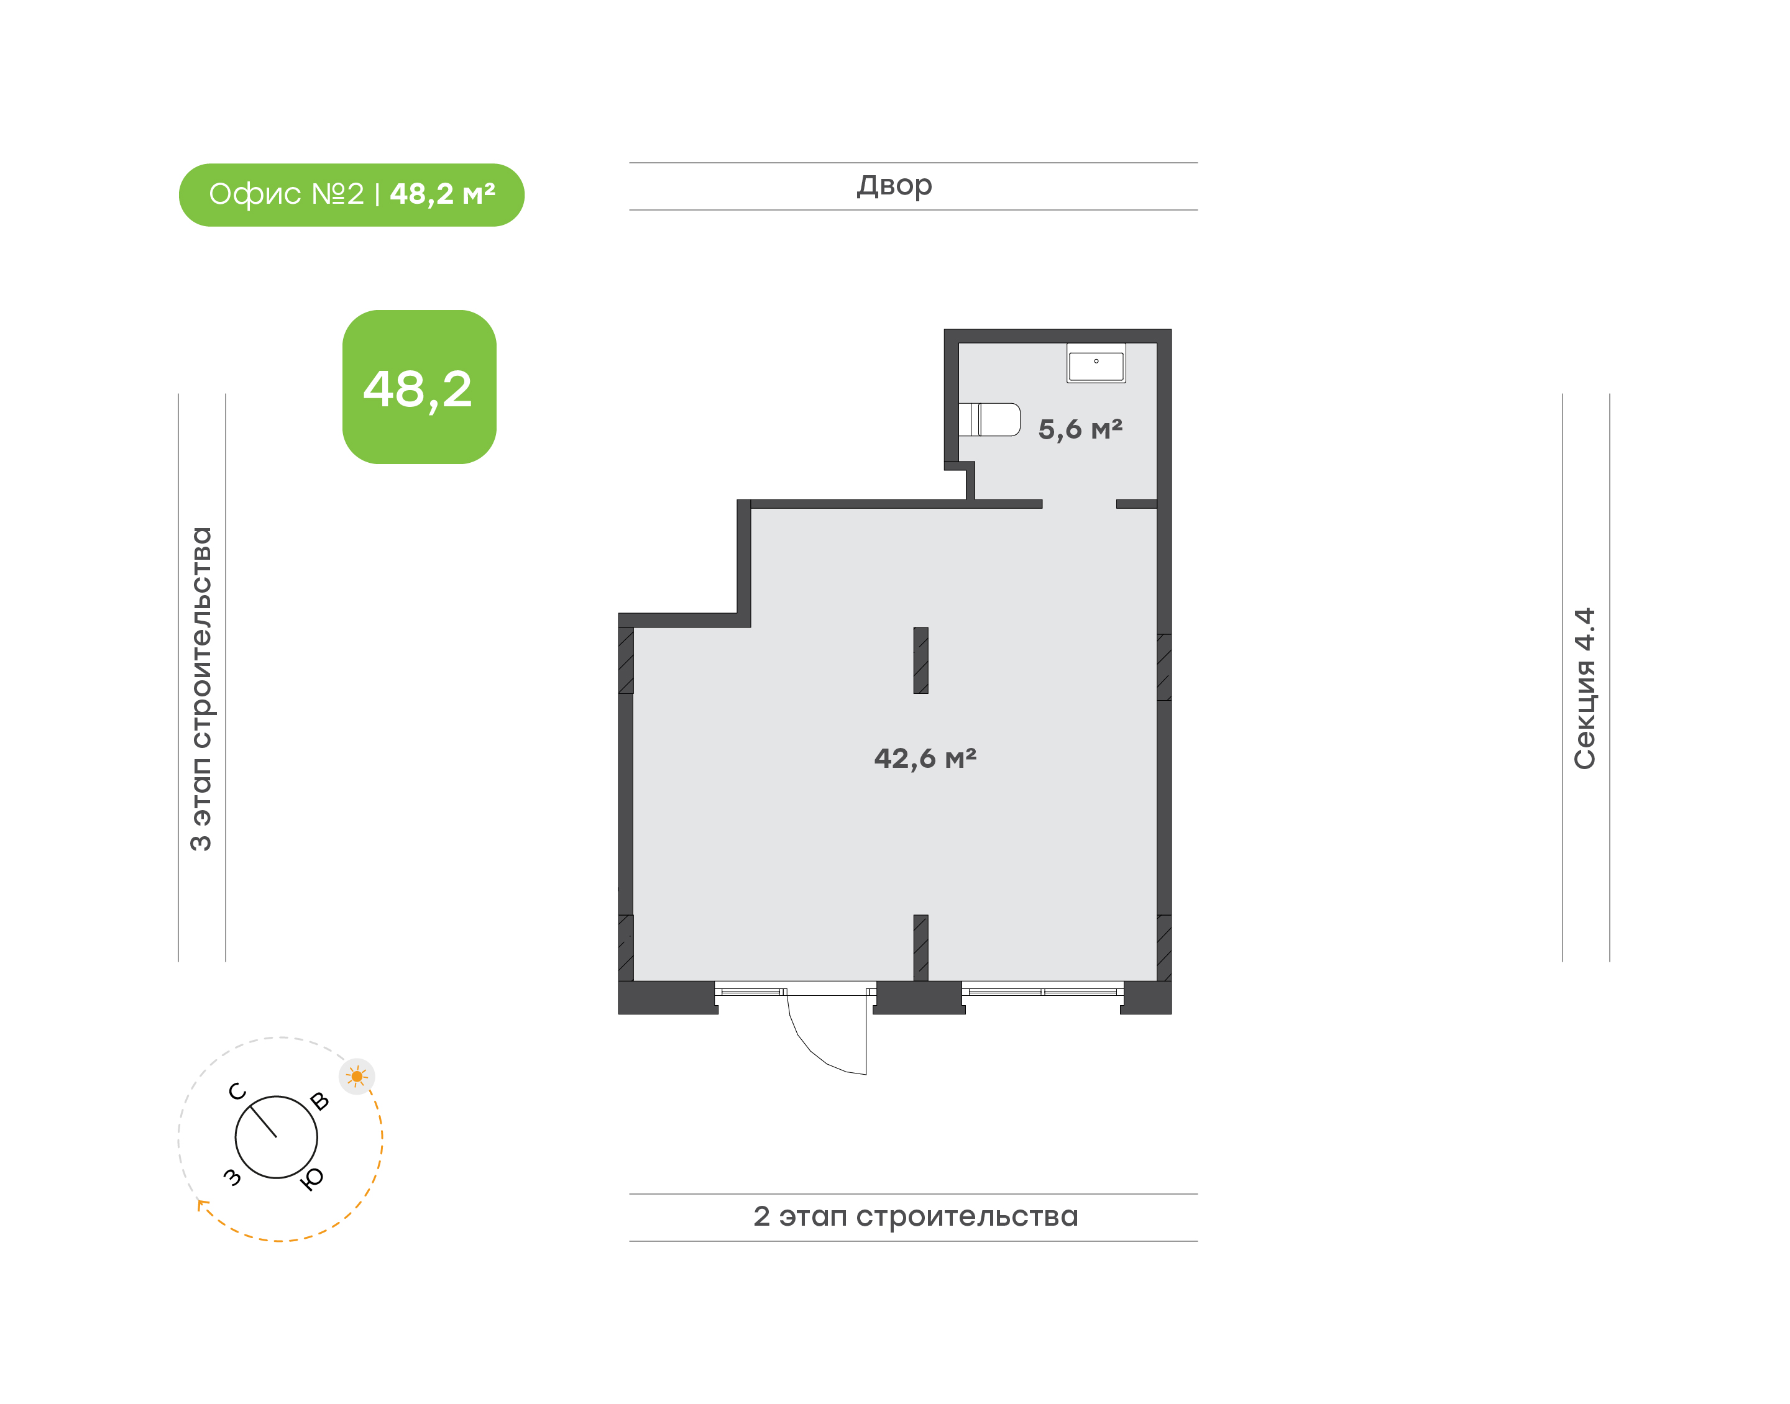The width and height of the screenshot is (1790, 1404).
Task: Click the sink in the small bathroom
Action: click(x=1096, y=363)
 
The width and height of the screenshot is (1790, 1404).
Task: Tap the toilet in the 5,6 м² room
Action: click(x=989, y=419)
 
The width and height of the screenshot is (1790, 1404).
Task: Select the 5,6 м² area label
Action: click(x=1080, y=429)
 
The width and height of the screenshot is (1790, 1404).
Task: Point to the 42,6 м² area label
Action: click(x=925, y=758)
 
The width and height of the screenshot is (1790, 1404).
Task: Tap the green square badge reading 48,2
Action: click(x=420, y=387)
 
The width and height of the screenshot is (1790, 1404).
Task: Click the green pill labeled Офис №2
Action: click(x=351, y=195)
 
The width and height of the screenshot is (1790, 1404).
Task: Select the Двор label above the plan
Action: click(x=894, y=186)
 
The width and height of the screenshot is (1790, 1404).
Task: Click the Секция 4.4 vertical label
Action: click(x=1584, y=689)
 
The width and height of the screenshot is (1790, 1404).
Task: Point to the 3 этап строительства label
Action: click(x=201, y=689)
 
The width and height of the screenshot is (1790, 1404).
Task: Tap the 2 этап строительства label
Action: click(x=915, y=1216)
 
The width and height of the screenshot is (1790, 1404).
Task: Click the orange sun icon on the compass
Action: click(x=357, y=1076)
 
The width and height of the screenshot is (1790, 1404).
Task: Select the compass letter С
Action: click(x=237, y=1092)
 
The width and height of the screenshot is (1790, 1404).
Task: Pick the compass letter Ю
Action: click(x=311, y=1180)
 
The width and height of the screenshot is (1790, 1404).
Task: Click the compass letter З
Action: click(x=232, y=1177)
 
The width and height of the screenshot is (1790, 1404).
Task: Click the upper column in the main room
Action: click(x=921, y=661)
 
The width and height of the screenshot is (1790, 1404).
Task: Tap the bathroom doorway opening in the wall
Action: click(x=1079, y=504)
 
